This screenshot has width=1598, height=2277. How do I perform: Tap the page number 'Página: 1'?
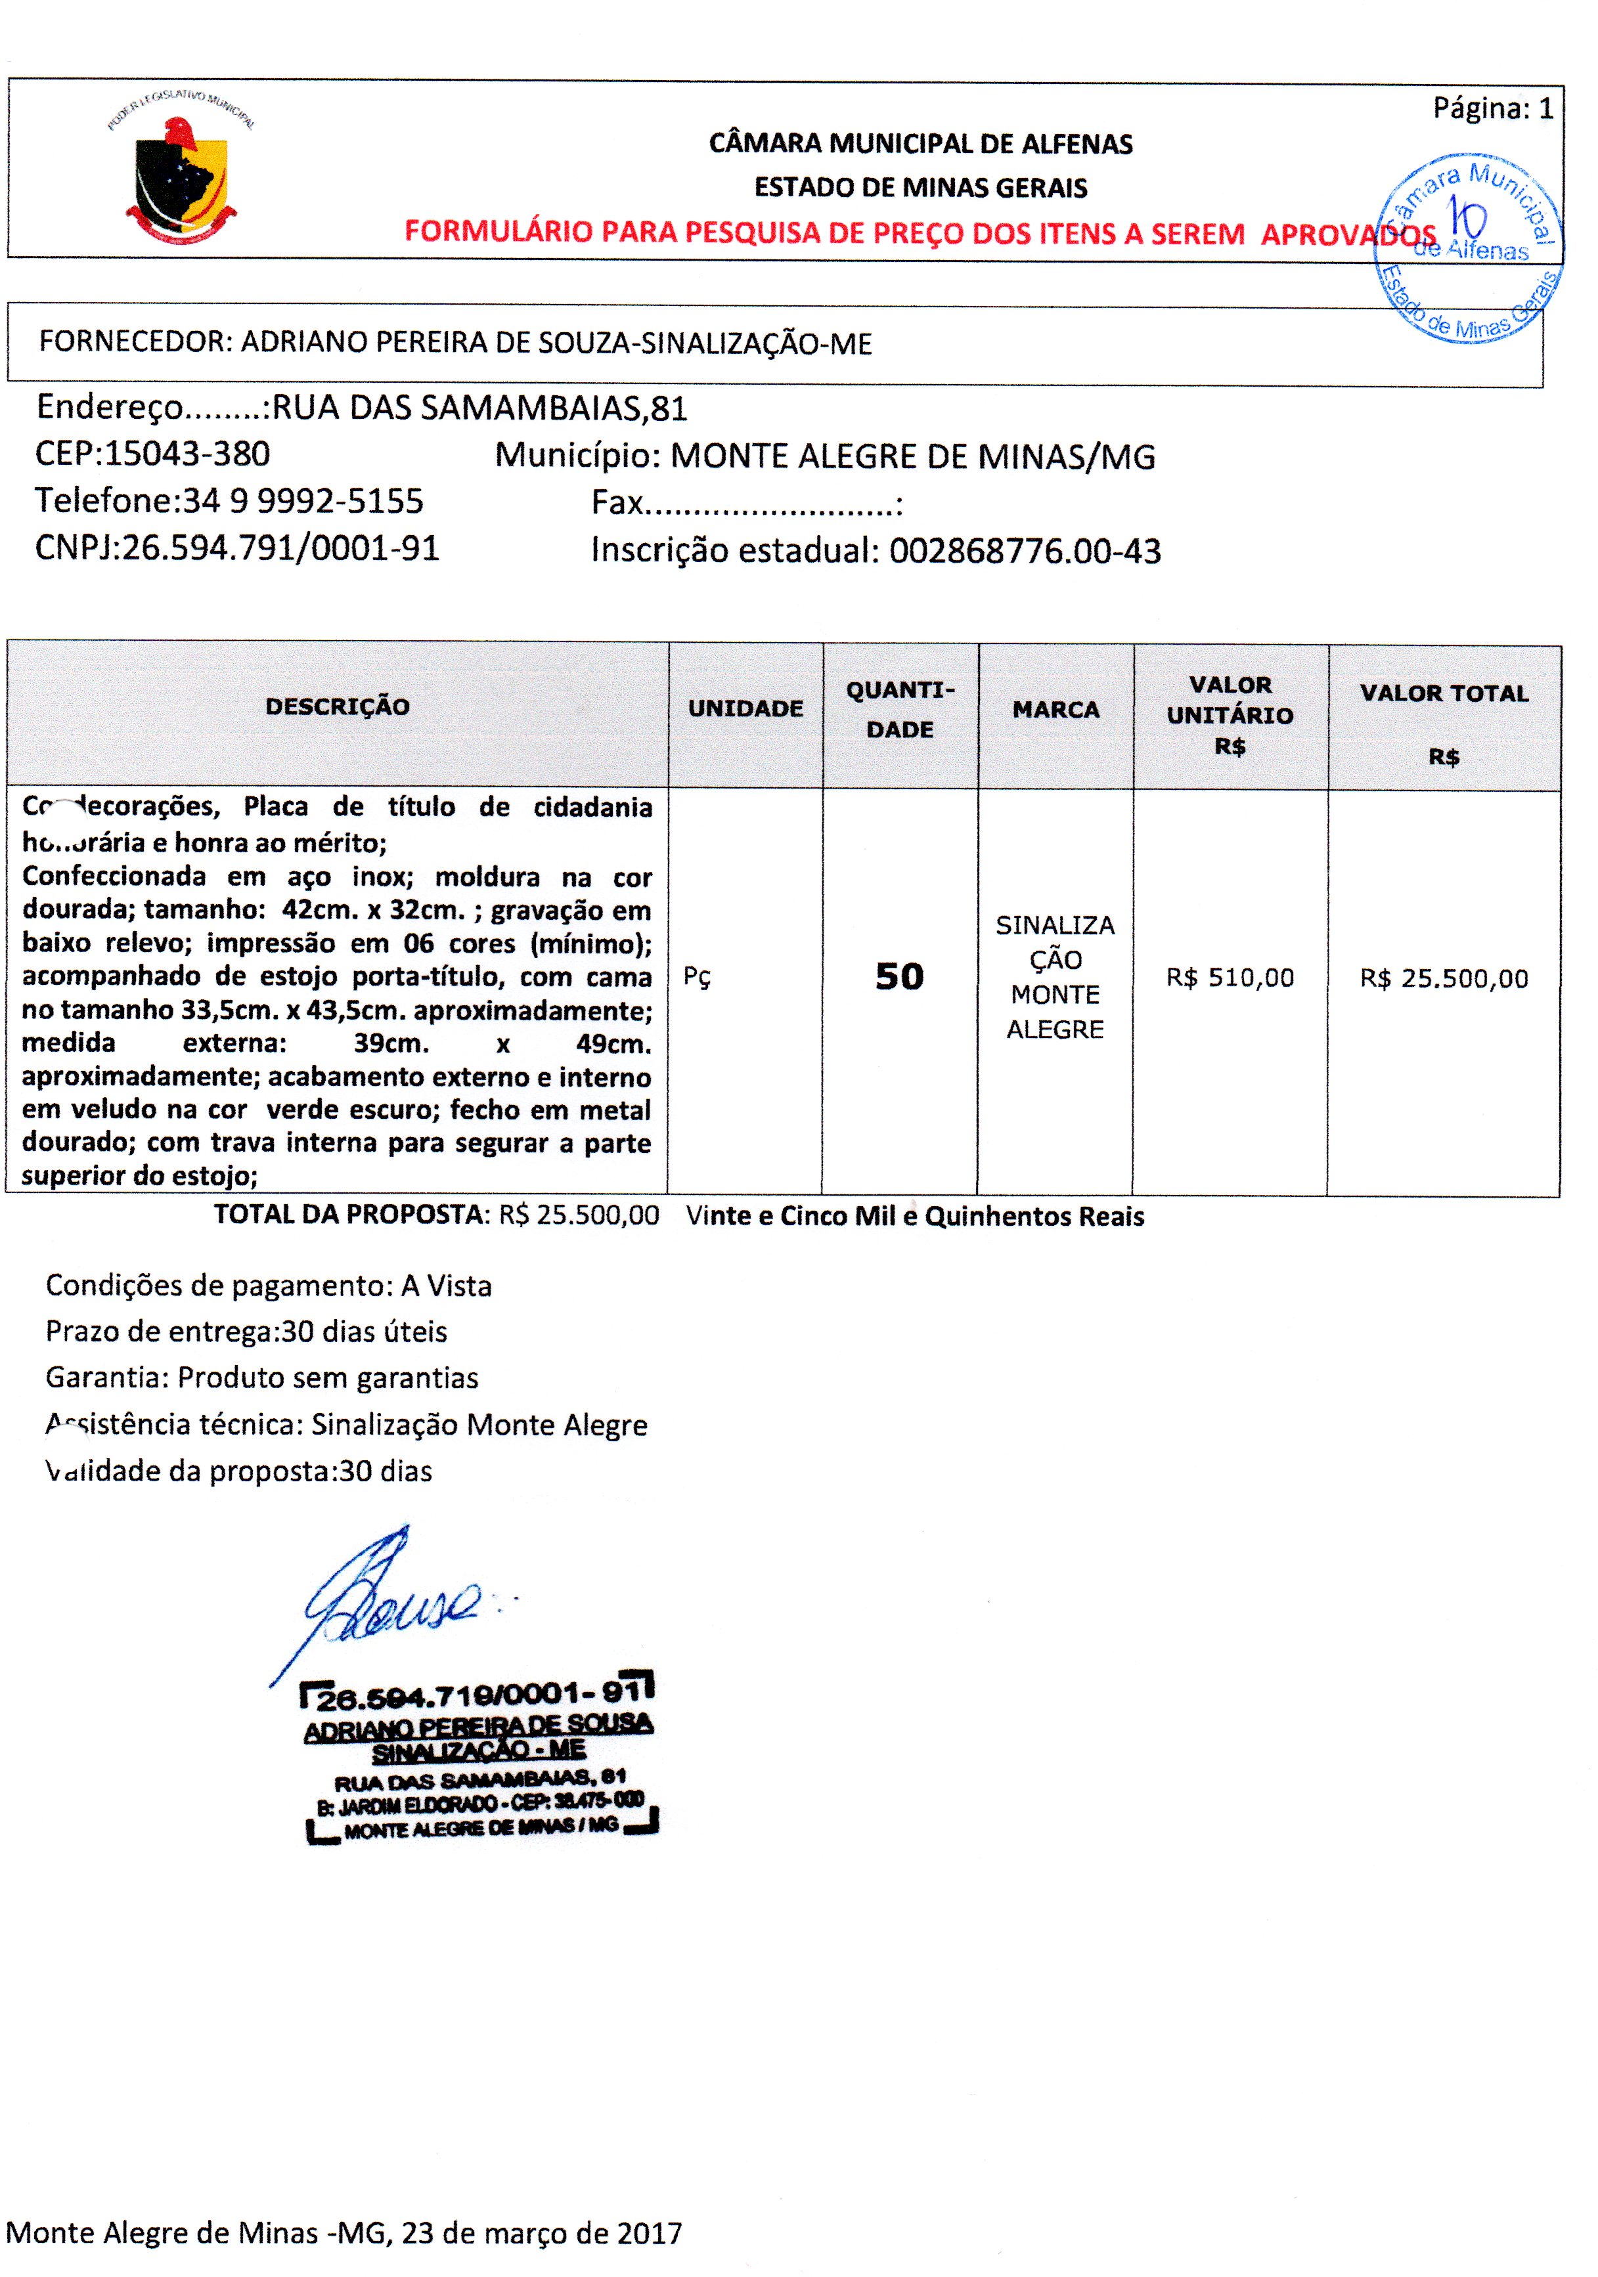[x=1492, y=108]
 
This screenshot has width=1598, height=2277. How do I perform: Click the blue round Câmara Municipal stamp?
[x=1467, y=248]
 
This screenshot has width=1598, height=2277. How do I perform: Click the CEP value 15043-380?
[x=187, y=454]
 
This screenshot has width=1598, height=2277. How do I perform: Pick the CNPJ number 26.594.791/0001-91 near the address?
[x=280, y=548]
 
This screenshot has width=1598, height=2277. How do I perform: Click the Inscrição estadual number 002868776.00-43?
[x=1024, y=552]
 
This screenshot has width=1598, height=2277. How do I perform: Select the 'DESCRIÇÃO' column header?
[x=337, y=707]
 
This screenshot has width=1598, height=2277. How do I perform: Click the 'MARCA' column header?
[x=1055, y=709]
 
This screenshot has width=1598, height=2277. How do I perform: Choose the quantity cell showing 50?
[x=899, y=977]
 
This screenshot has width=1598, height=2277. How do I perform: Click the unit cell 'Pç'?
[x=698, y=978]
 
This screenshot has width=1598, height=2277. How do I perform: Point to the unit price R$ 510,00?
[x=1230, y=978]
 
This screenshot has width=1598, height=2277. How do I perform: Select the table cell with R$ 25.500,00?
[x=1443, y=979]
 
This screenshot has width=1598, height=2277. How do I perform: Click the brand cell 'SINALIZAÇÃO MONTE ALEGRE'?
[x=1055, y=977]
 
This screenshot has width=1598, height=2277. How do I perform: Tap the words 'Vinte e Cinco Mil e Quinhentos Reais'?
[x=914, y=1217]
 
